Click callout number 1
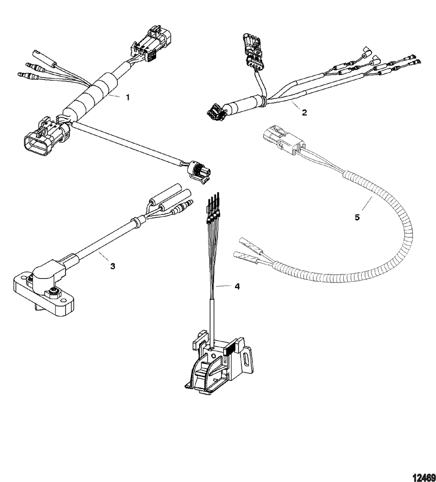click(128, 97)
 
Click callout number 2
click(304, 113)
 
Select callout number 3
click(112, 266)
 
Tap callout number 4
click(237, 286)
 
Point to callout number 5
click(357, 217)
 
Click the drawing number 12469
click(425, 477)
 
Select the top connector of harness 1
click(151, 45)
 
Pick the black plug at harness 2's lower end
click(218, 112)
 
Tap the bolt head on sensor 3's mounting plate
click(54, 290)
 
